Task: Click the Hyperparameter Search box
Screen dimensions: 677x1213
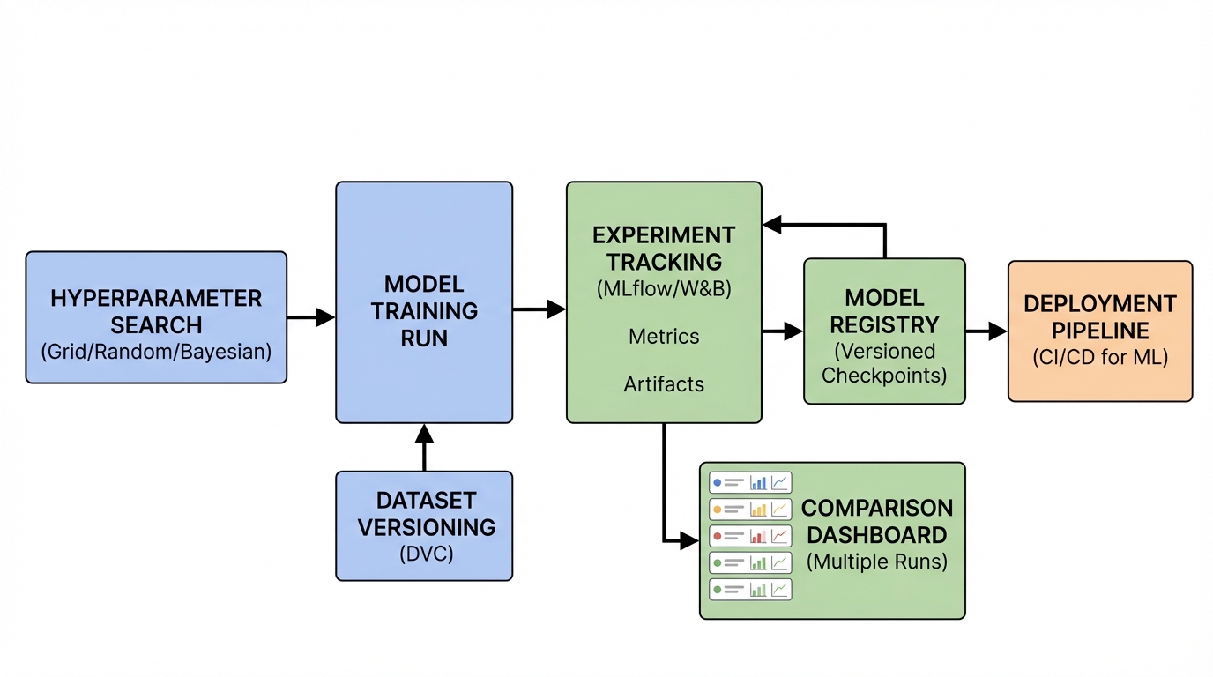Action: pyautogui.click(x=156, y=317)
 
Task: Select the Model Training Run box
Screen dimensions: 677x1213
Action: pyautogui.click(x=424, y=302)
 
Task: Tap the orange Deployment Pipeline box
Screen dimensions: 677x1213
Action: pyautogui.click(x=1099, y=331)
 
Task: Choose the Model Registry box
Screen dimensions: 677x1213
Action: pyautogui.click(x=884, y=331)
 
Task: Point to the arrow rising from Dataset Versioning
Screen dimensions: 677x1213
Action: pyautogui.click(x=424, y=447)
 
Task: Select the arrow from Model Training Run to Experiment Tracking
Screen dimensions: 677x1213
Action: pyautogui.click(x=539, y=309)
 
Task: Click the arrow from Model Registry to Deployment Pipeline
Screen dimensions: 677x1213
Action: pyautogui.click(x=986, y=331)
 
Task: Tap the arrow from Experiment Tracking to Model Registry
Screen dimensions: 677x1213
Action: pyautogui.click(x=783, y=331)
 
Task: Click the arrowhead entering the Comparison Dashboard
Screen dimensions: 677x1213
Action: pyautogui.click(x=688, y=540)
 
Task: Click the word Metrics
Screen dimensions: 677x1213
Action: pyautogui.click(x=664, y=337)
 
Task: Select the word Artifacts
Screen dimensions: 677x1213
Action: pyautogui.click(x=664, y=384)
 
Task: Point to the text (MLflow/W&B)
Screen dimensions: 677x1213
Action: pyautogui.click(x=664, y=288)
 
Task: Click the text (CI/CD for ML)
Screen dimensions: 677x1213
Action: pyautogui.click(x=1099, y=358)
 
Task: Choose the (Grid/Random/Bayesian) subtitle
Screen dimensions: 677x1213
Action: pyautogui.click(x=156, y=351)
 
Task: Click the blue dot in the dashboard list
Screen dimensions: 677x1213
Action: pyautogui.click(x=718, y=483)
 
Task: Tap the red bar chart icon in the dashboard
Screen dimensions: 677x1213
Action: pyautogui.click(x=758, y=536)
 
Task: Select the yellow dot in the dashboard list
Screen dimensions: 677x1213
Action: pyautogui.click(x=718, y=510)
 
